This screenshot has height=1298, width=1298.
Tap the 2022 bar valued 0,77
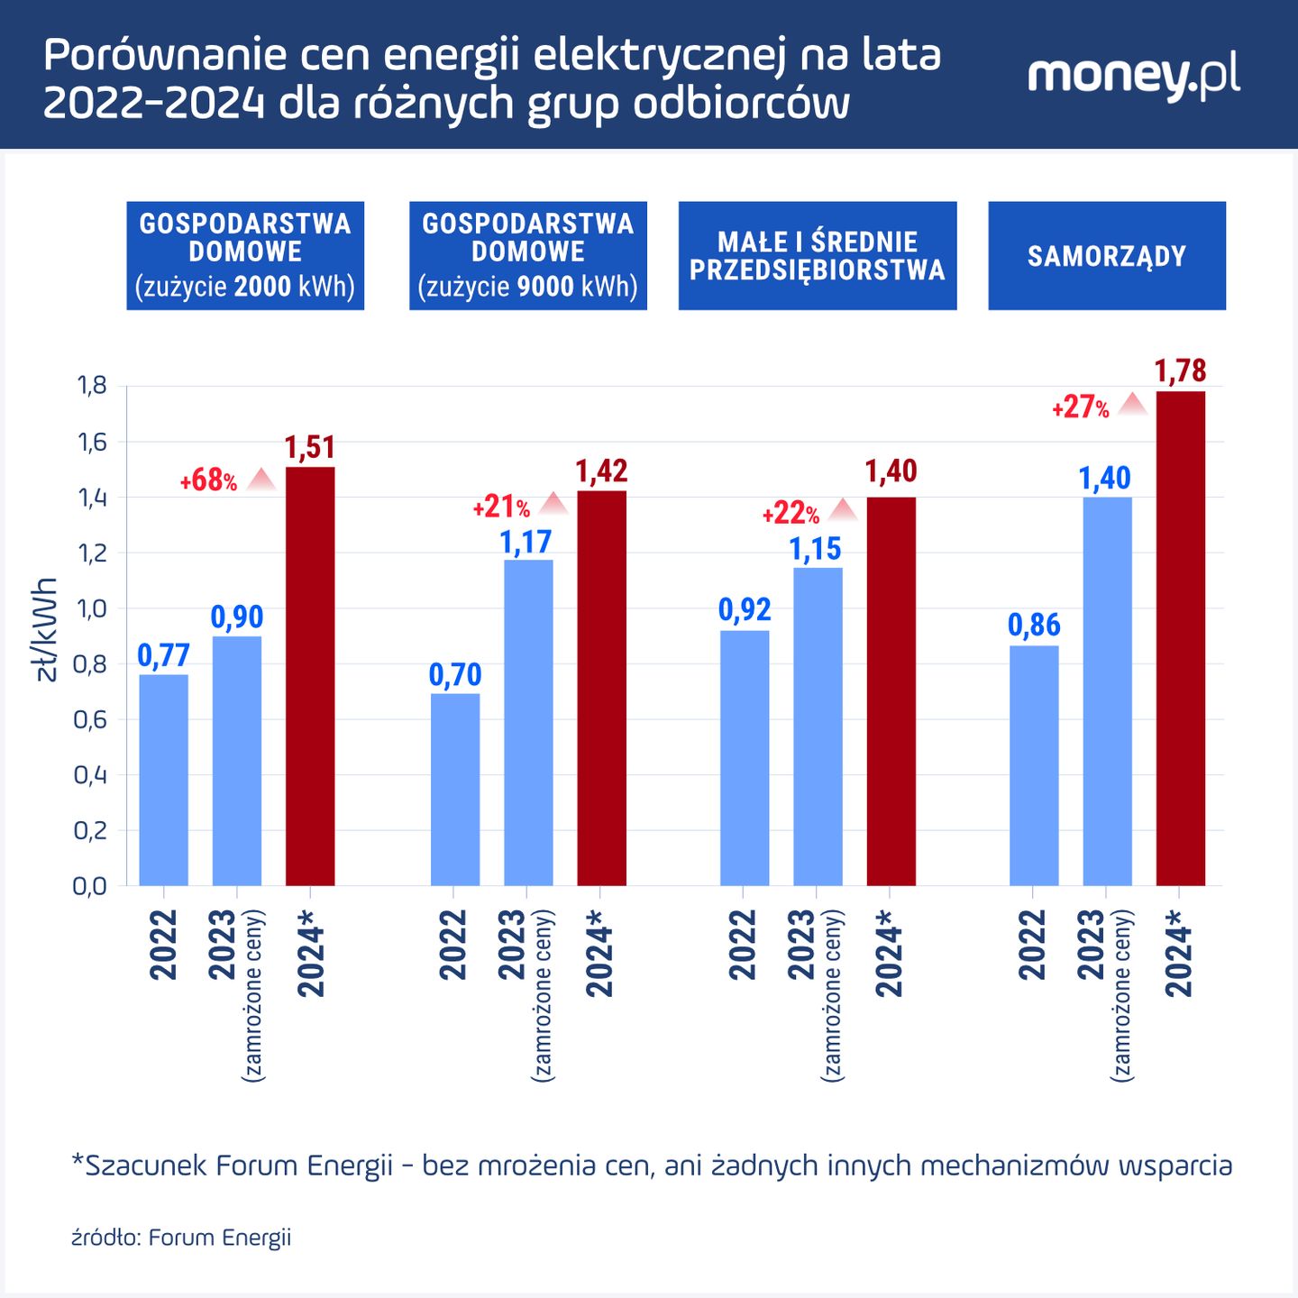(x=163, y=780)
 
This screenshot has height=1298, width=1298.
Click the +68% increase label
(x=208, y=480)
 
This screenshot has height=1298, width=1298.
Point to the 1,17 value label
(x=526, y=542)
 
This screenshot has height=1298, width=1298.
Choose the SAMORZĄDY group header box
(x=1106, y=256)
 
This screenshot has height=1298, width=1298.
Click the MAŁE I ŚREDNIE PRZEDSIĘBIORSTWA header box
(x=817, y=256)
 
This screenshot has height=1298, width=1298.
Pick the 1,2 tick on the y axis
(x=91, y=553)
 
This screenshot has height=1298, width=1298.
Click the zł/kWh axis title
(x=46, y=629)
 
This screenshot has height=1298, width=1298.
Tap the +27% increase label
(x=1080, y=407)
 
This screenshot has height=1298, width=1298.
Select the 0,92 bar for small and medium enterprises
(x=745, y=757)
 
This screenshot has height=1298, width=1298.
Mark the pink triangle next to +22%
(x=843, y=510)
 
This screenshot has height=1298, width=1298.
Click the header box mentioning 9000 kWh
(x=528, y=256)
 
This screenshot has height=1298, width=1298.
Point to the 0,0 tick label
(x=89, y=886)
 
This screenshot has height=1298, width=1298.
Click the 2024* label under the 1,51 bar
(x=311, y=953)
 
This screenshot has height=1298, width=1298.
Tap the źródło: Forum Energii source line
(x=181, y=1237)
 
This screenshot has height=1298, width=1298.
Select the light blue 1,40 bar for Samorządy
(x=1107, y=691)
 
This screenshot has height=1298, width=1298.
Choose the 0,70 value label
(x=455, y=674)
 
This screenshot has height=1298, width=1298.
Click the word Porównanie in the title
(x=163, y=56)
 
